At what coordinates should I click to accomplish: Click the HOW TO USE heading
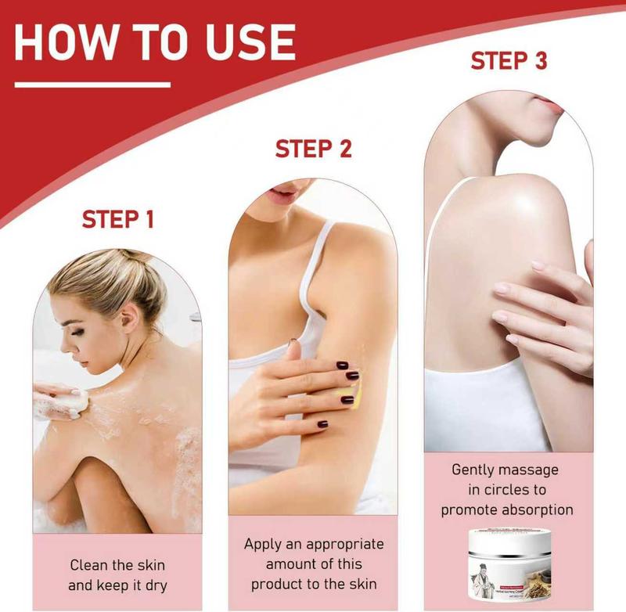(x=154, y=42)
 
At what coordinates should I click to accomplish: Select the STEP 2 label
(x=313, y=148)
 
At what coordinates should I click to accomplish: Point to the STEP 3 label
(x=509, y=62)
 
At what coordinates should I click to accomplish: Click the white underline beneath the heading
(x=92, y=85)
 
